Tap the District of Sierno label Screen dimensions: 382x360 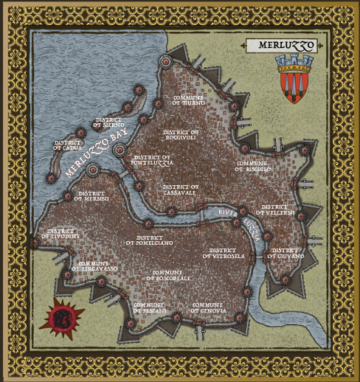click(x=109, y=123)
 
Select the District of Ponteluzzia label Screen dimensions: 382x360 click(x=150, y=161)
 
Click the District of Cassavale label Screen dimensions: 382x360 click(x=181, y=190)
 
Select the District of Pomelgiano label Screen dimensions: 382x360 click(x=150, y=240)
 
